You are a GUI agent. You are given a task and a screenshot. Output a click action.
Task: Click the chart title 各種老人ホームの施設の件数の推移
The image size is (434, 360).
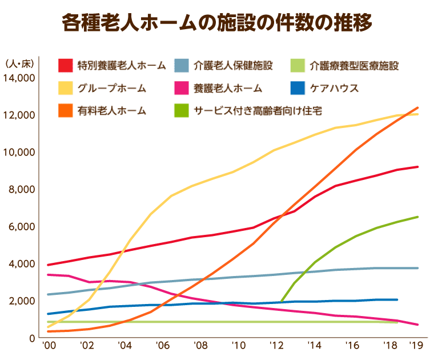pyautogui.click(x=217, y=23)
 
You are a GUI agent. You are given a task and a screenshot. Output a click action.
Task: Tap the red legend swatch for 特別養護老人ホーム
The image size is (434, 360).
pyautogui.click(x=65, y=65)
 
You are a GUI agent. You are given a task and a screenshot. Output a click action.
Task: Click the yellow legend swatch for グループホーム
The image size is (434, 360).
pyautogui.click(x=65, y=88)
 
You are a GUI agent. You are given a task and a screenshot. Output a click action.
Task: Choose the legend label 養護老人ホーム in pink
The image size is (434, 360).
pyautogui.click(x=227, y=88)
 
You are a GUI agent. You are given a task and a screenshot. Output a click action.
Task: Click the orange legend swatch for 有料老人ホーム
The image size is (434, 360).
pyautogui.click(x=65, y=110)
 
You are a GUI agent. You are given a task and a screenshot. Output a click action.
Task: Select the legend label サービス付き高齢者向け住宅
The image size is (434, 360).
pyautogui.click(x=258, y=110)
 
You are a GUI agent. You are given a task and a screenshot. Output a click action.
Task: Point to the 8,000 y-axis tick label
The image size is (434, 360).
pyautogui.click(x=22, y=189)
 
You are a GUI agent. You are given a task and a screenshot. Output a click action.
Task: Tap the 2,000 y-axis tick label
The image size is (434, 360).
pyautogui.click(x=22, y=301)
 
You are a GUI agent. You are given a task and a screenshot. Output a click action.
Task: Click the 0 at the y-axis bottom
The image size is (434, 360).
pyautogui.click(x=32, y=338)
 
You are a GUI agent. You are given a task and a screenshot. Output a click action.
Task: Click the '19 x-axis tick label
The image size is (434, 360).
pyautogui.click(x=417, y=346)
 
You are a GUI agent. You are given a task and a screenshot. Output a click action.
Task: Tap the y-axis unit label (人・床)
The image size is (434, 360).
pyautogui.click(x=20, y=63)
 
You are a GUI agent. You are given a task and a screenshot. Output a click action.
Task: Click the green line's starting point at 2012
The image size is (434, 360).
pyautogui.click(x=282, y=301)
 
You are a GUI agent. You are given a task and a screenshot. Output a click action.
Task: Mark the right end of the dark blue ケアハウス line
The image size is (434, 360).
pyautogui.click(x=397, y=299)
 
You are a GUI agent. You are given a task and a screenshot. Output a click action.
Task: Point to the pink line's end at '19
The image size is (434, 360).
pyautogui.click(x=418, y=325)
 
